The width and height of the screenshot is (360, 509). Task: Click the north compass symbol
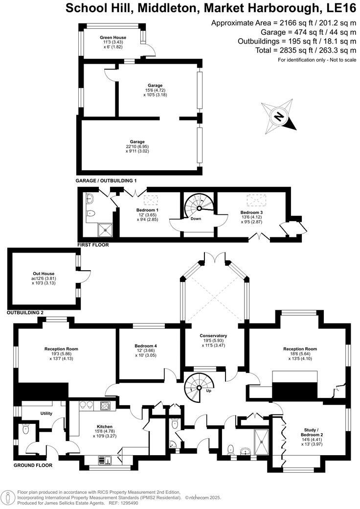(279, 116)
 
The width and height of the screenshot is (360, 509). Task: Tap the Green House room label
(113, 38)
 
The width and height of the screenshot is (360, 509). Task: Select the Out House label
(44, 274)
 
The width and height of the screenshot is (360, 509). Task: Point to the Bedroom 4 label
(145, 346)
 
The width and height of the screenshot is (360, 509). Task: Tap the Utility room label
(46, 414)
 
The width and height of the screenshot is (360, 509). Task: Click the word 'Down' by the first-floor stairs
(196, 219)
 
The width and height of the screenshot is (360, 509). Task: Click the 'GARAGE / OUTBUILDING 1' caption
(106, 181)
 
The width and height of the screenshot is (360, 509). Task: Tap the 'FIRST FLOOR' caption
(93, 245)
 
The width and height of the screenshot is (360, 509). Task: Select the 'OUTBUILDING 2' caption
(25, 312)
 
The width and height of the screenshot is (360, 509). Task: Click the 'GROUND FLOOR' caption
(33, 465)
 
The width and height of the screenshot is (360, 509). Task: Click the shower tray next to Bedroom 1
(104, 229)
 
